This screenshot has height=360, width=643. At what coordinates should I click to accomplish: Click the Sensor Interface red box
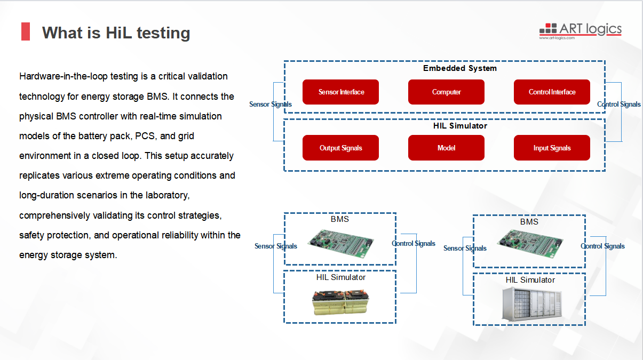[340, 92]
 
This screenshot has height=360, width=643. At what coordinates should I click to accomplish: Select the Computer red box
[446, 92]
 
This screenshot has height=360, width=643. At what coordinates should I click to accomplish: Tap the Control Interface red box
[552, 92]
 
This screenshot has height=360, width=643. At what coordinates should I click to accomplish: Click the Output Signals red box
[340, 148]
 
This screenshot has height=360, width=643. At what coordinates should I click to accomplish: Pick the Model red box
[446, 148]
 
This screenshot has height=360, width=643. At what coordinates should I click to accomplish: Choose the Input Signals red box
[552, 148]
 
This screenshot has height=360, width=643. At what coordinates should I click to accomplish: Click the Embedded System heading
[460, 68]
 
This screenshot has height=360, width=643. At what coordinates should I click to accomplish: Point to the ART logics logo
[581, 31]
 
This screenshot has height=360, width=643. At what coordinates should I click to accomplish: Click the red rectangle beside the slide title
[26, 31]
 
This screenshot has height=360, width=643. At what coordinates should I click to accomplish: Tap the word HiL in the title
[119, 33]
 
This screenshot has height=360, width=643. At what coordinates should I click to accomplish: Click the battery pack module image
[340, 302]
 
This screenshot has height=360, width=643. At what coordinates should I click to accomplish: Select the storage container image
[531, 304]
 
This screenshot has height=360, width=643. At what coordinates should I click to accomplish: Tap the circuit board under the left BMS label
[340, 243]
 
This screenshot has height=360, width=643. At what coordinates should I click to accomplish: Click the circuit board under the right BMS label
[530, 244]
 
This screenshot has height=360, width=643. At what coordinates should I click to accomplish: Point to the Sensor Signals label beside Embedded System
[271, 104]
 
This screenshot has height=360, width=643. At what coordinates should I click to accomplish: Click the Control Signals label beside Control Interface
[619, 104]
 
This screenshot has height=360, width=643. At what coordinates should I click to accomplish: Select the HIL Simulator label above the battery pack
[341, 277]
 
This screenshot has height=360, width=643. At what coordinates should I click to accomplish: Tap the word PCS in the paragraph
[145, 136]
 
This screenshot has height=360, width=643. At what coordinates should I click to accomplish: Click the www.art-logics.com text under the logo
[557, 38]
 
